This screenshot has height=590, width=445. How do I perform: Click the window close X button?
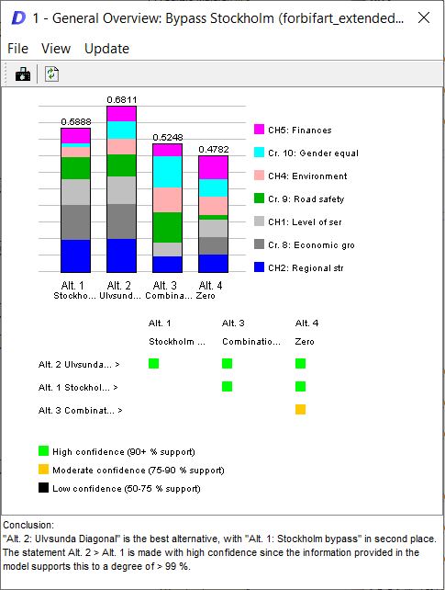[424, 17]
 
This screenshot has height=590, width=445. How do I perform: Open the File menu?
[17, 49]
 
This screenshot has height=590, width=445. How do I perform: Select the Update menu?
[106, 49]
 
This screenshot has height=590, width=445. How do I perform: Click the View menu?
[56, 49]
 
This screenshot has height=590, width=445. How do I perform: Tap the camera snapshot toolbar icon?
[23, 74]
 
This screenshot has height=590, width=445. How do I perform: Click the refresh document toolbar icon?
[51, 74]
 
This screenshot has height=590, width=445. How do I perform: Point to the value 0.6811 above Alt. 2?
[122, 100]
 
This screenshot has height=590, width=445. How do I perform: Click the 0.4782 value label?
[213, 150]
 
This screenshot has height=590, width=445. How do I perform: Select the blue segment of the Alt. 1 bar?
[75, 255]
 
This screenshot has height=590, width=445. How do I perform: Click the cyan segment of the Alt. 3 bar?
[168, 172]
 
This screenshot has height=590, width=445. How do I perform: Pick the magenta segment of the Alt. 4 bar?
[213, 167]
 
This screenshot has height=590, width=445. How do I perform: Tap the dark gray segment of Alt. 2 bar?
[121, 221]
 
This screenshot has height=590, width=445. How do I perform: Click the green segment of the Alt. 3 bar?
[168, 227]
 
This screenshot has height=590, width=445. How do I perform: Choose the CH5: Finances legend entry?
[293, 130]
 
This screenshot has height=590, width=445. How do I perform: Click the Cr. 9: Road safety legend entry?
[299, 199]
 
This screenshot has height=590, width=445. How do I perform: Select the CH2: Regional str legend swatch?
[259, 267]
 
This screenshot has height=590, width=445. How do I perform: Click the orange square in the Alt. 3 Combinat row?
[300, 409]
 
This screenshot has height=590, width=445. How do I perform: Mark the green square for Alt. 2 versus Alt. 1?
[153, 364]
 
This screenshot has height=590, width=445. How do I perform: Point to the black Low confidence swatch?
[43, 488]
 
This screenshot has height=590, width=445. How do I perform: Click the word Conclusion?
[28, 525]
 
